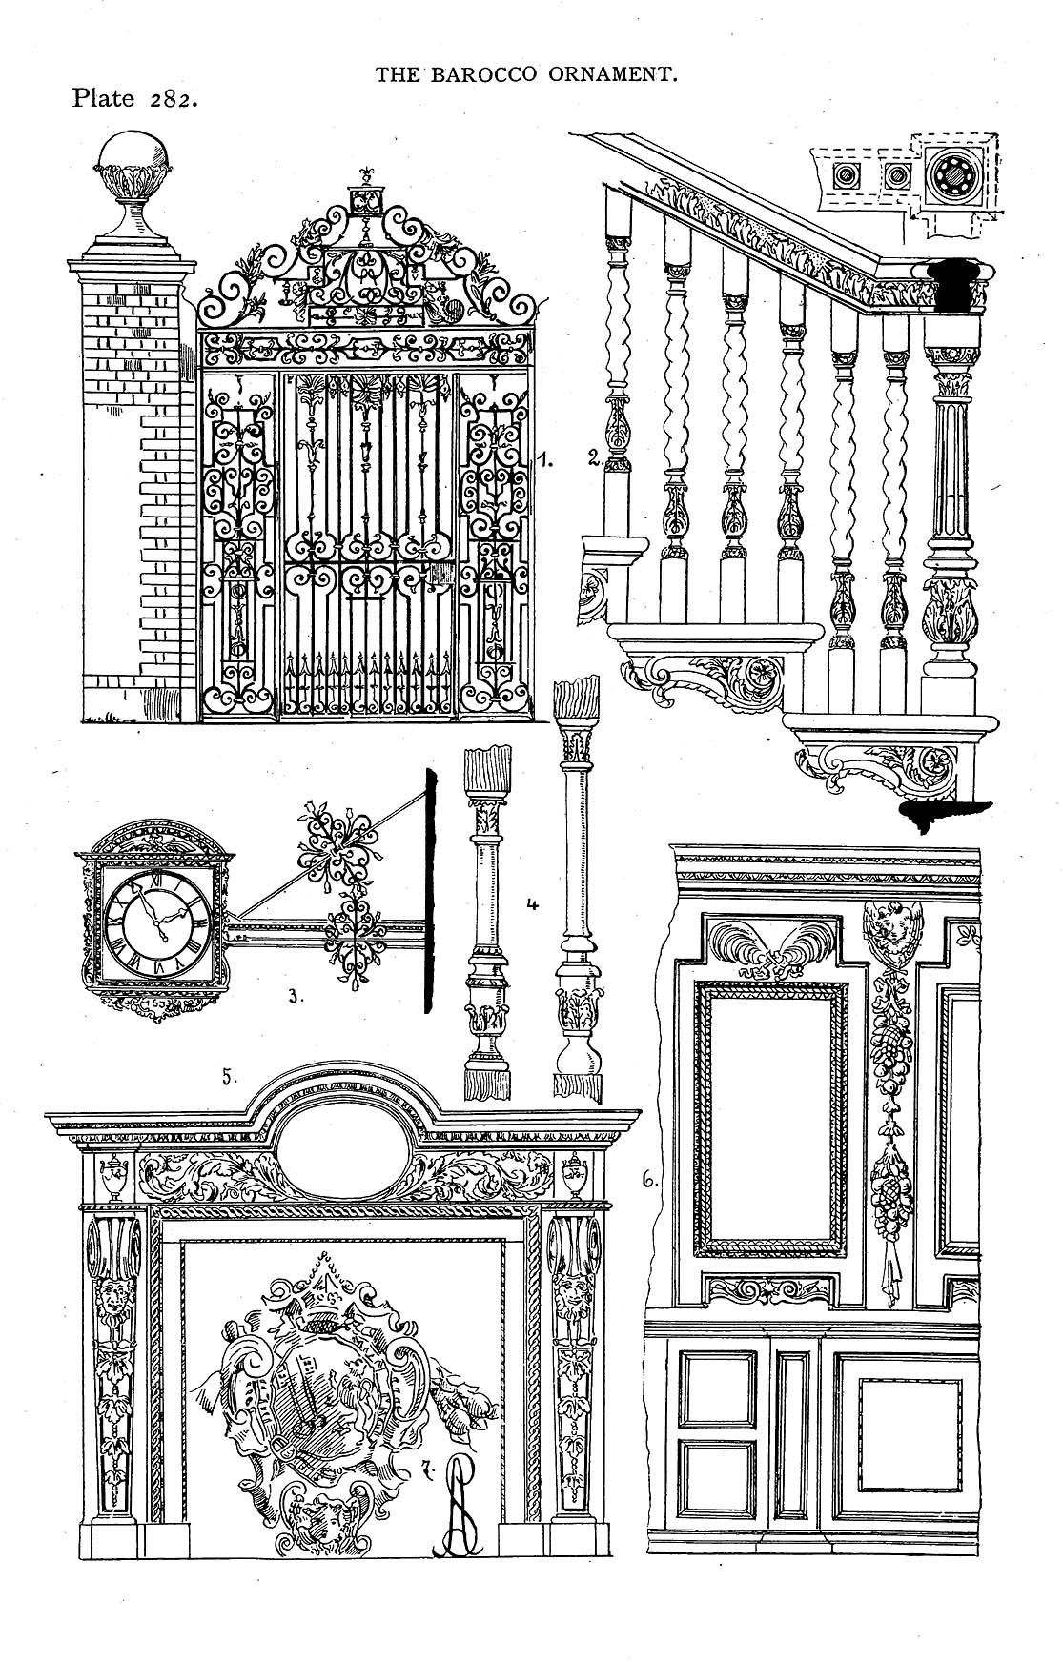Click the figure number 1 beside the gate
pyautogui.click(x=545, y=461)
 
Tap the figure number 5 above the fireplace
pyautogui.click(x=228, y=1077)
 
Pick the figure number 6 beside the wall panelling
pyautogui.click(x=649, y=1180)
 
